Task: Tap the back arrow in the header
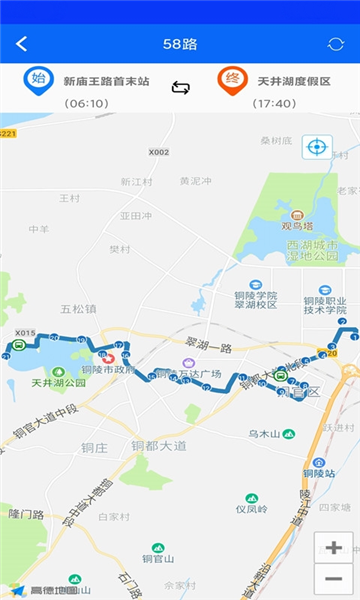(22, 44)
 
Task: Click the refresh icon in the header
(335, 44)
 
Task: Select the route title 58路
(180, 44)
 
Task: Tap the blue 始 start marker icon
(38, 81)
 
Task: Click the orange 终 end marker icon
(232, 81)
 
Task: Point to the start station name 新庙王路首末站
(106, 81)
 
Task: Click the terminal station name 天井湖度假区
(294, 81)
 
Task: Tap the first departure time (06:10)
(86, 103)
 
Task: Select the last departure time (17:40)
(274, 103)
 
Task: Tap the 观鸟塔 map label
(297, 225)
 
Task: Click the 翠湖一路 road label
(208, 348)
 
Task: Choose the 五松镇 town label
(77, 309)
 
